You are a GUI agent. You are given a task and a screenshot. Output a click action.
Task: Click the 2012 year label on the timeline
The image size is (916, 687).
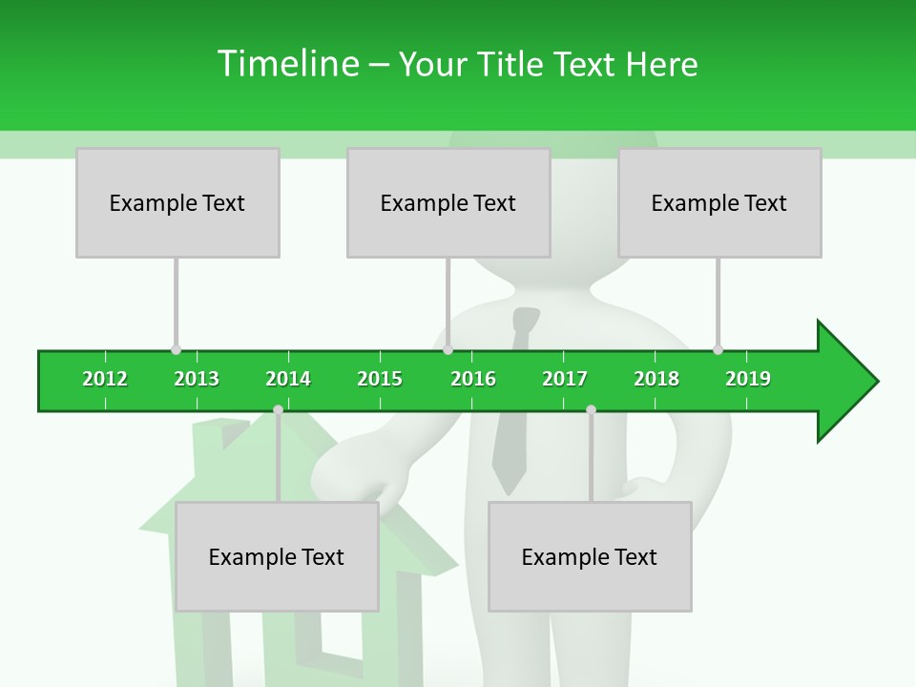(x=105, y=379)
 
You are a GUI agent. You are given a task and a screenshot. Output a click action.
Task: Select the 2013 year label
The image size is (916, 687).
(x=197, y=379)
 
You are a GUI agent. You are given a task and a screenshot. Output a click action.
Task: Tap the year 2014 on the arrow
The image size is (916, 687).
(x=288, y=379)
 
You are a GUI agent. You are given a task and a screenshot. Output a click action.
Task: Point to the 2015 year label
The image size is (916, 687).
(x=380, y=379)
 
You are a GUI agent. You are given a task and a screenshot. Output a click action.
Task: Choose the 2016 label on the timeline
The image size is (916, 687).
(x=473, y=379)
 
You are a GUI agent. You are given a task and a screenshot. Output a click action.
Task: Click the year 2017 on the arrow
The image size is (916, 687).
(x=565, y=379)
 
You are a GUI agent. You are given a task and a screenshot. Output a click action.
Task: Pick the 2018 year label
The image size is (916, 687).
(x=656, y=379)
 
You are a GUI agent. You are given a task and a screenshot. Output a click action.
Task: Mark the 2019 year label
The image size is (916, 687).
(x=748, y=379)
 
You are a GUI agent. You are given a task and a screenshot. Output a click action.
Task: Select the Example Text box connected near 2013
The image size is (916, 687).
(x=177, y=203)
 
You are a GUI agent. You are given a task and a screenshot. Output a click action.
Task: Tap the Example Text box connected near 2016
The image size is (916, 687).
(x=448, y=203)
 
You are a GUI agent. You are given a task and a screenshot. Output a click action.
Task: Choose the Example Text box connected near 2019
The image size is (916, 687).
(x=719, y=203)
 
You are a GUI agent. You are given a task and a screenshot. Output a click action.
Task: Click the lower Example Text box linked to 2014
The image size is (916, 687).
(x=277, y=557)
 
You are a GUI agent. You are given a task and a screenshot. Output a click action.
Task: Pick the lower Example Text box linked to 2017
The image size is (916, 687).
(x=590, y=557)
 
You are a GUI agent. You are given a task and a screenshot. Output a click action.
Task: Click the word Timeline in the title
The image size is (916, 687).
(x=286, y=64)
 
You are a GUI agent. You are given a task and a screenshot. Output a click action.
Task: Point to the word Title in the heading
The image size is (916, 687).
(x=511, y=64)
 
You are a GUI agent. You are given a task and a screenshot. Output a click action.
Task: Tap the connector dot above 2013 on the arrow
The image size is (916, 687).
(x=176, y=349)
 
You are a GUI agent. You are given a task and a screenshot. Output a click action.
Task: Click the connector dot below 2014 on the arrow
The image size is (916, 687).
(x=278, y=409)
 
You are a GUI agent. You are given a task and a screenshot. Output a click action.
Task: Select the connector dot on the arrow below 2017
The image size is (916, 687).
(x=591, y=409)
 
